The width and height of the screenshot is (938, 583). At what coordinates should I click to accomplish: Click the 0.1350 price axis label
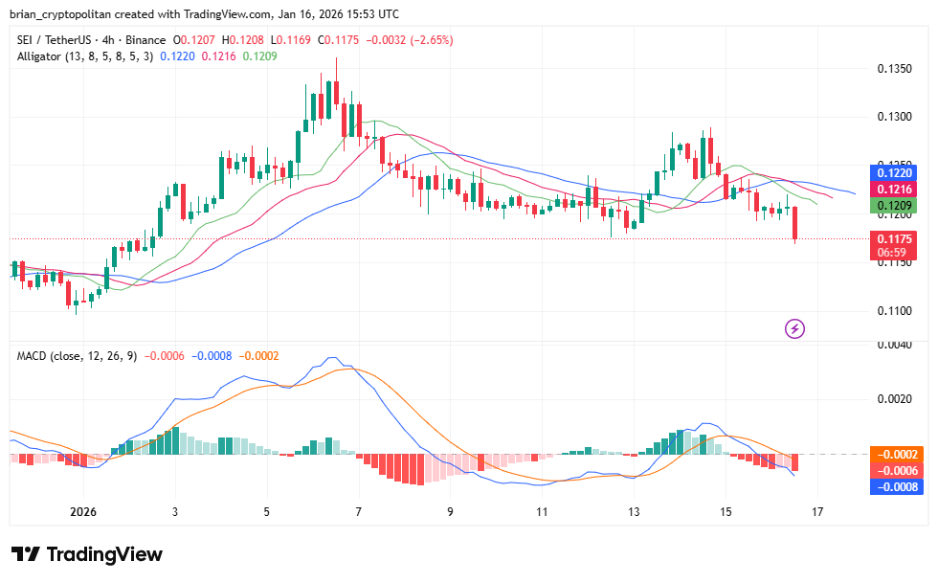(x=894, y=69)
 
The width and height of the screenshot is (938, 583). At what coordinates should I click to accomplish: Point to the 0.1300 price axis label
(x=894, y=117)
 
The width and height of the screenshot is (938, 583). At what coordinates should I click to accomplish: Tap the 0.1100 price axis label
(x=894, y=311)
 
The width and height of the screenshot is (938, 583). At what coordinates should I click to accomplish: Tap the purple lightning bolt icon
(x=794, y=329)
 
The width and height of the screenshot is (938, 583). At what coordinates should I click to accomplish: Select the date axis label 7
(x=358, y=511)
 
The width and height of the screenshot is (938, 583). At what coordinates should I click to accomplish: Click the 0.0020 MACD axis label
(x=894, y=398)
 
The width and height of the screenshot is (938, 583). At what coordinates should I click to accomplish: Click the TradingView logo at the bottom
(x=87, y=554)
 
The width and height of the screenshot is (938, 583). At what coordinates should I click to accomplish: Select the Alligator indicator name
(x=44, y=56)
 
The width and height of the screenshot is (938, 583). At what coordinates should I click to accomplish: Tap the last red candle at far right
(x=795, y=225)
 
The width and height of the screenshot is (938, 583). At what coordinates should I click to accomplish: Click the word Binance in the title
(x=145, y=40)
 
